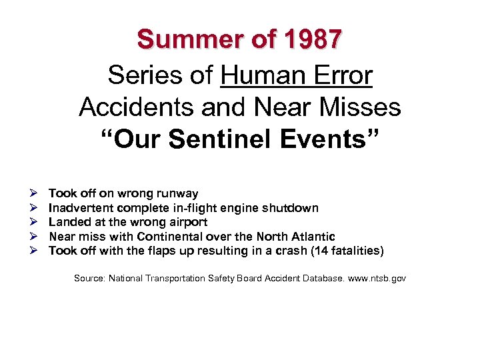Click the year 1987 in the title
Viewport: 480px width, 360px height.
pyautogui.click(x=312, y=40)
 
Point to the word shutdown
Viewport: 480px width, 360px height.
pyautogui.click(x=293, y=208)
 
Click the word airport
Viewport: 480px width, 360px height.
pyautogui.click(x=187, y=222)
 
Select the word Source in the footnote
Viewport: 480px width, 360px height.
pyautogui.click(x=89, y=277)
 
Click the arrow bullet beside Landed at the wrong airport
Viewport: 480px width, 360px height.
pyautogui.click(x=33, y=222)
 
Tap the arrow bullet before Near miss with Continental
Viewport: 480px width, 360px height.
pyautogui.click(x=33, y=237)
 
